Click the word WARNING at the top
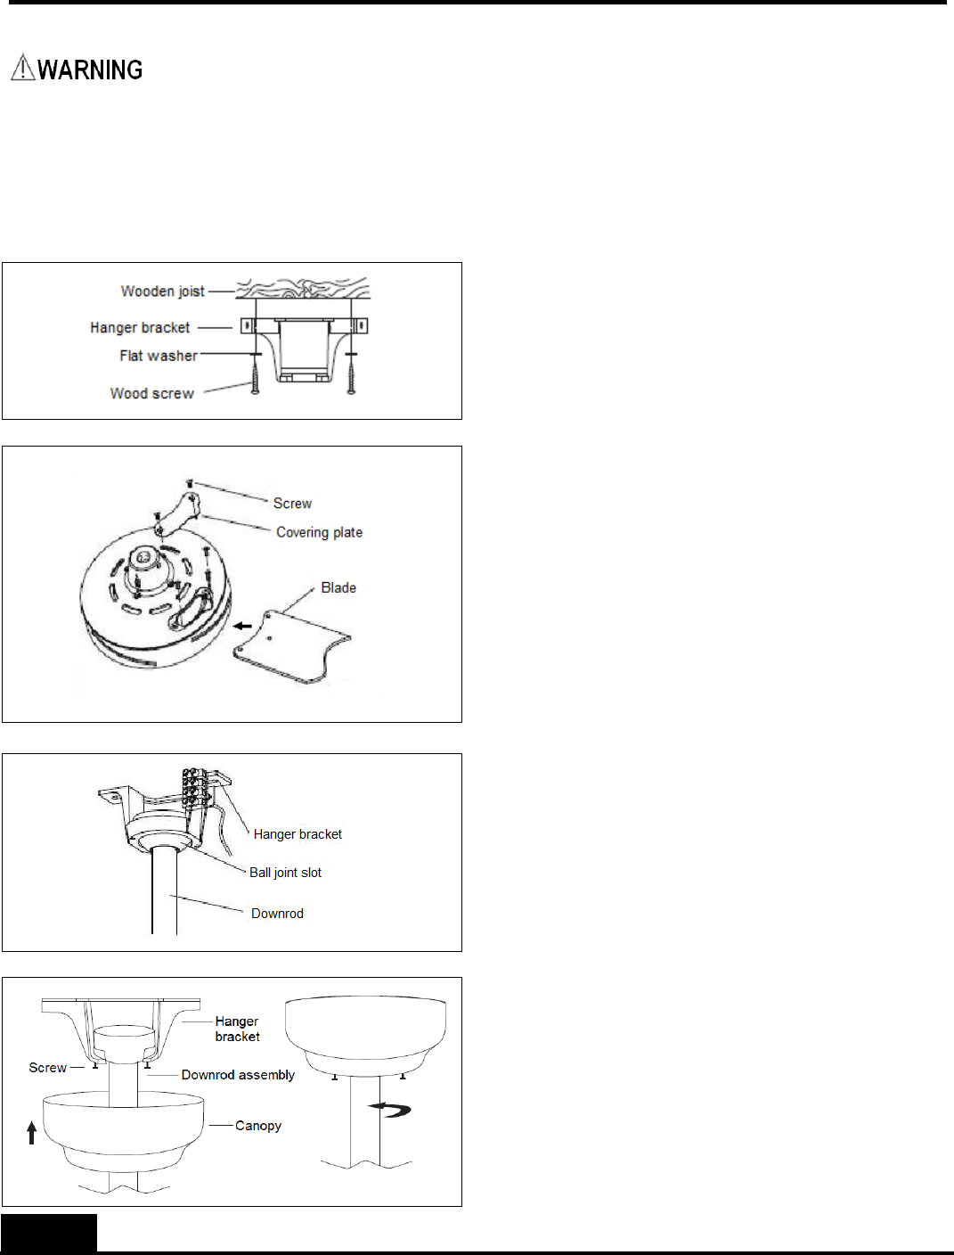[x=90, y=70]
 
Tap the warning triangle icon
[x=22, y=68]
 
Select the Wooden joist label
[x=162, y=291]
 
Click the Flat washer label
[x=159, y=356]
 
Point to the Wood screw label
[x=151, y=393]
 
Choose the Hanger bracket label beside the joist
[x=140, y=328]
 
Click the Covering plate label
[x=319, y=532]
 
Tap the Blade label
[x=338, y=588]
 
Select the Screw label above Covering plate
[x=292, y=504]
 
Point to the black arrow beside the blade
[x=241, y=626]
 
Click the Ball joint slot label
[x=285, y=873]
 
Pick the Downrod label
[x=277, y=914]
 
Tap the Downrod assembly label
[x=238, y=1075]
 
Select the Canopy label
[x=258, y=1126]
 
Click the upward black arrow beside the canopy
[x=32, y=1133]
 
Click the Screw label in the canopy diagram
[x=47, y=1068]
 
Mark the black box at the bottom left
[x=49, y=1234]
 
